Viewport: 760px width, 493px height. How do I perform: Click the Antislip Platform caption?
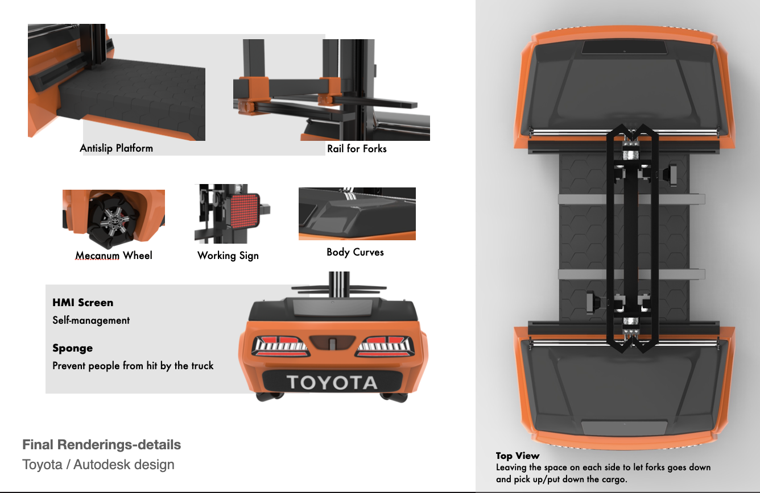pos(117,148)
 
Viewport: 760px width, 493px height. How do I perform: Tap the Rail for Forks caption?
pos(357,148)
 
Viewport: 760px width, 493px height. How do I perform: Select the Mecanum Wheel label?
pos(114,255)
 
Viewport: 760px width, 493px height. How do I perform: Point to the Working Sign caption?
pos(228,256)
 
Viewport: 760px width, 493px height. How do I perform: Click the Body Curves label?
pos(355,252)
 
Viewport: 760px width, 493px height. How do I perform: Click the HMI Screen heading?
pos(83,302)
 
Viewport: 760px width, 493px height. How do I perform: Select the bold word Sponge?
pos(73,348)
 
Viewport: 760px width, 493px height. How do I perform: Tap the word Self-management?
pos(91,320)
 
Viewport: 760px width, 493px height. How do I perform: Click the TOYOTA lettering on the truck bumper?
pos(332,382)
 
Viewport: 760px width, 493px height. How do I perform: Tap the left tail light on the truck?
pos(280,346)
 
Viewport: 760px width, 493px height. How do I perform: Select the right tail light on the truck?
pos(385,346)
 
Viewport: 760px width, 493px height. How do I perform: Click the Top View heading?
pos(518,456)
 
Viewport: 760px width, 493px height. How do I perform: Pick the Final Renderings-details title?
pos(101,445)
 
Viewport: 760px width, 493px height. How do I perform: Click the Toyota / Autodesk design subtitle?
pos(98,465)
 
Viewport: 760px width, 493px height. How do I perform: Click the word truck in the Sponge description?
pos(203,366)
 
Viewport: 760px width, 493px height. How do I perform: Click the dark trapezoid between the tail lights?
pos(332,342)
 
